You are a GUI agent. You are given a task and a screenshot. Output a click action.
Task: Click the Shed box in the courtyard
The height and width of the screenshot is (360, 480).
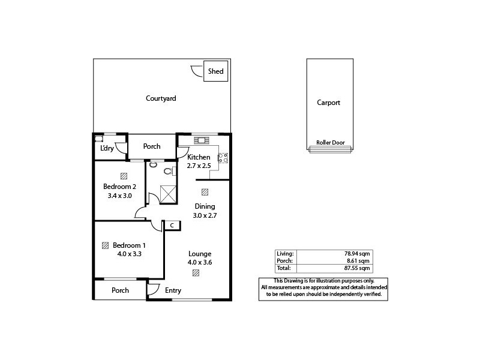[x=215, y=71]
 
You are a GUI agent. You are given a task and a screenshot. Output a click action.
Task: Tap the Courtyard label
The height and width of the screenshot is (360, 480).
[x=161, y=98]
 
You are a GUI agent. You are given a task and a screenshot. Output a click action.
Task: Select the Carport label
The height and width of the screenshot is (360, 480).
[x=328, y=103]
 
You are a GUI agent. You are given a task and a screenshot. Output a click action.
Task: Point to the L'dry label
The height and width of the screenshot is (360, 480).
[x=107, y=148]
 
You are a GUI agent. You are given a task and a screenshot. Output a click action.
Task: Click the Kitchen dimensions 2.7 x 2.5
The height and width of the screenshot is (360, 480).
[x=199, y=166]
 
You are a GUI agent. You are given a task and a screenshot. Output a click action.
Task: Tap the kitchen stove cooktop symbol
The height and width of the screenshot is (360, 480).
[x=223, y=158]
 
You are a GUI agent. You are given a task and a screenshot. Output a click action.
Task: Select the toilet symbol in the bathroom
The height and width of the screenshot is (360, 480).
[x=167, y=172]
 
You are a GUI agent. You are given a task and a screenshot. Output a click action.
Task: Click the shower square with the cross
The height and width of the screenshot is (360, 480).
[x=168, y=194]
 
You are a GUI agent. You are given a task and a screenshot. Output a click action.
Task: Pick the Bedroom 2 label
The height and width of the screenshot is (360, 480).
[x=124, y=186]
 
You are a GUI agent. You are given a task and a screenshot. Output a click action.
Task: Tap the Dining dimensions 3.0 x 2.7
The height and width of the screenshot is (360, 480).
[x=204, y=215]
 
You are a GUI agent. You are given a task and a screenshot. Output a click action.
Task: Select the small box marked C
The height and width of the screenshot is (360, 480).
[x=172, y=226]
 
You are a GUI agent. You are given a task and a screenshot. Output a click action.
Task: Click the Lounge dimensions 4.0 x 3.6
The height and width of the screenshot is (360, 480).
[x=200, y=262]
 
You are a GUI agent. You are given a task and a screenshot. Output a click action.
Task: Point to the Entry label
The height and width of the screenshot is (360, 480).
[x=173, y=291]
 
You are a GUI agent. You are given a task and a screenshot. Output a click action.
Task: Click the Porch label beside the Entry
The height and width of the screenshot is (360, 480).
[x=121, y=290]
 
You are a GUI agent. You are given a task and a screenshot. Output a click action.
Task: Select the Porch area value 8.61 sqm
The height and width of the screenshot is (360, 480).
[x=361, y=260]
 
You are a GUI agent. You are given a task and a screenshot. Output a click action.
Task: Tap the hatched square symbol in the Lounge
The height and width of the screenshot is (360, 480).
[x=196, y=273]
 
